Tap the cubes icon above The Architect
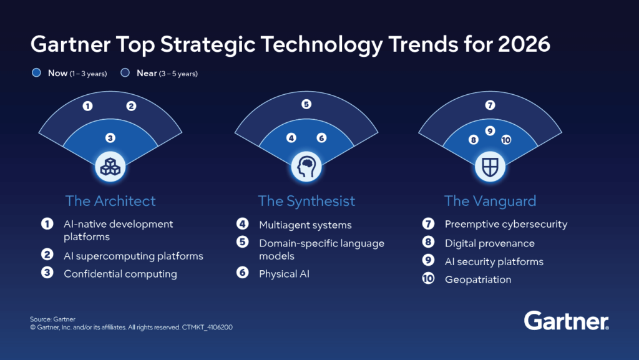click(x=110, y=167)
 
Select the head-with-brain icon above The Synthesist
click(x=306, y=167)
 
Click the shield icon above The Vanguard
click(x=490, y=167)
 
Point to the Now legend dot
click(x=36, y=74)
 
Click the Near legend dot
click(x=125, y=74)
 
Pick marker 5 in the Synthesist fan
click(x=306, y=105)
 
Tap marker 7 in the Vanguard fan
click(x=490, y=105)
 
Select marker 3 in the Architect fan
click(x=110, y=138)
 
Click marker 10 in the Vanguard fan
click(x=506, y=140)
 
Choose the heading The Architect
click(x=110, y=201)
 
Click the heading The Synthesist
click(x=306, y=201)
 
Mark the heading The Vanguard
click(x=490, y=201)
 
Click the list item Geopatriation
click(x=477, y=280)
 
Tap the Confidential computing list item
click(x=120, y=274)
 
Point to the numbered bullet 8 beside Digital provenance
click(x=428, y=243)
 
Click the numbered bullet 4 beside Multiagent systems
click(x=242, y=225)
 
